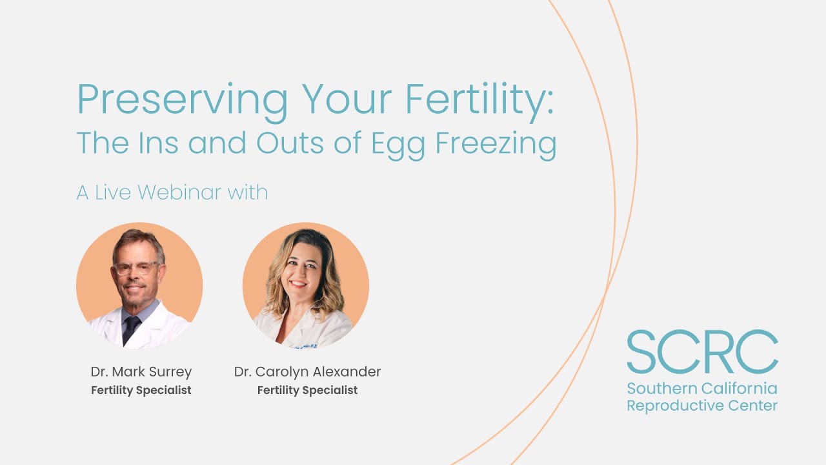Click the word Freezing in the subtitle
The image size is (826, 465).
pos(496,143)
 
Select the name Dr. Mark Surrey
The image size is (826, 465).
pos(141,372)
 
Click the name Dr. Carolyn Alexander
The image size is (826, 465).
pos(307,372)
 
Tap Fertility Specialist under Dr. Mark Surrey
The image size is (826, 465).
pos(141,390)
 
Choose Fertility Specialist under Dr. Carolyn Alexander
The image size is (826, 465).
pos(307,390)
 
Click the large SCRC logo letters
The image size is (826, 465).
pos(702,353)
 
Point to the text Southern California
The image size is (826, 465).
pos(702,389)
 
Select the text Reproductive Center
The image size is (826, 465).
pos(702,406)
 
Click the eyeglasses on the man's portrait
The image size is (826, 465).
pos(136,268)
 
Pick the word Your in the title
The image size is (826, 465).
pos(347,100)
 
